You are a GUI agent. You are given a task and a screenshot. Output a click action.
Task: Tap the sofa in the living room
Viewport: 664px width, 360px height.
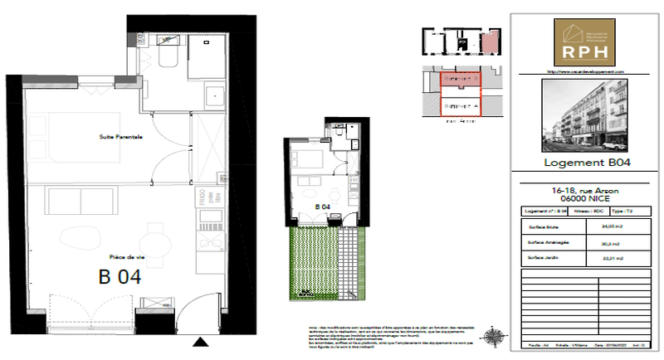(x=83, y=201)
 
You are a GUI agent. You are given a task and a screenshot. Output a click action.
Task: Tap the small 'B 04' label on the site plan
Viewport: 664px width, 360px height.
(x=323, y=207)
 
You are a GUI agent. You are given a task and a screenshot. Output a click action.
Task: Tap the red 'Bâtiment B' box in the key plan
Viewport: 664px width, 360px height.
(x=461, y=79)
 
